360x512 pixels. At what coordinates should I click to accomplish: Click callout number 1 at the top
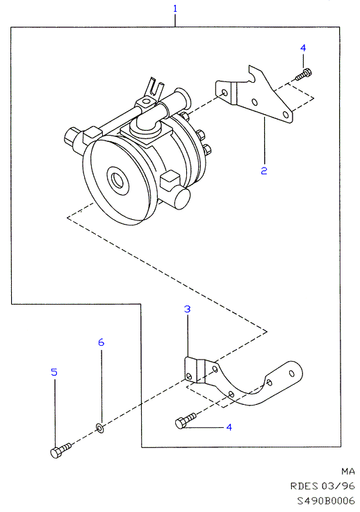(x=175, y=8)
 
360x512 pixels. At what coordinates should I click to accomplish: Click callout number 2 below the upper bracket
(x=264, y=170)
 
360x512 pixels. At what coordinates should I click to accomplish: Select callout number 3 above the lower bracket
(x=187, y=309)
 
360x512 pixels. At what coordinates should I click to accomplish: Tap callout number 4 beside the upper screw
(x=303, y=48)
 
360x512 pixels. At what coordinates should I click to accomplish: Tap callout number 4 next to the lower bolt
(x=229, y=427)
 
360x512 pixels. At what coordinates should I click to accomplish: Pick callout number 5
(x=54, y=372)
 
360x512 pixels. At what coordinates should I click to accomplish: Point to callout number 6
(x=101, y=342)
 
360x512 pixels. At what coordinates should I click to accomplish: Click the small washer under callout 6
(x=100, y=427)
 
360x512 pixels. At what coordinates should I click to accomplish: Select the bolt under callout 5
(x=60, y=450)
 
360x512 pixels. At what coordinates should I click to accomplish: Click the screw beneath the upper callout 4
(x=304, y=74)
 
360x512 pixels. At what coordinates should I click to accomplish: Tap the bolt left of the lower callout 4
(x=186, y=421)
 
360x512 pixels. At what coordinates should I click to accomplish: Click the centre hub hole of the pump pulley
(x=116, y=179)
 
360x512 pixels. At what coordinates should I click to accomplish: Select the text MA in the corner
(x=348, y=471)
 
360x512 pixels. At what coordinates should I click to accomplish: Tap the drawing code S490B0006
(x=326, y=501)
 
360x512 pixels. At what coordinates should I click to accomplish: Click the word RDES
(x=304, y=486)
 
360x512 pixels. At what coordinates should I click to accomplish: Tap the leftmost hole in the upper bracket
(x=224, y=93)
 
